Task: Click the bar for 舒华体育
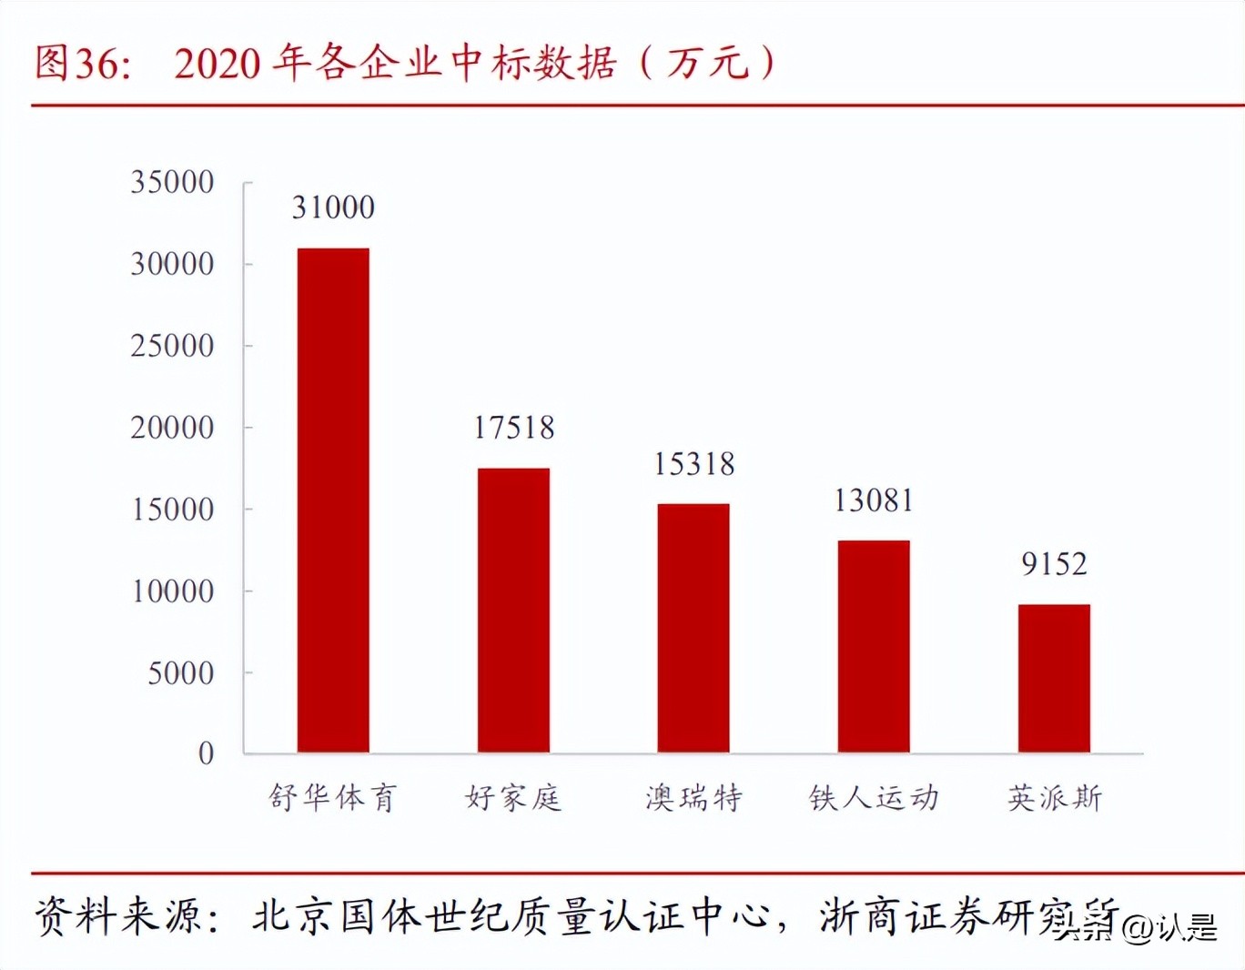[x=333, y=500]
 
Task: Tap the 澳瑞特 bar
[x=693, y=628]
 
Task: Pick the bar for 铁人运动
[x=874, y=646]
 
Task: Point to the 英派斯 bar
[x=1054, y=678]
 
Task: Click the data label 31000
[x=333, y=207]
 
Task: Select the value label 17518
[x=513, y=428]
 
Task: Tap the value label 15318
[x=693, y=464]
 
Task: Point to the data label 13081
[x=874, y=500]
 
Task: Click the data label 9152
[x=1054, y=564]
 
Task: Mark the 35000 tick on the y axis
[x=172, y=182]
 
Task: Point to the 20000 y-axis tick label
[x=172, y=428]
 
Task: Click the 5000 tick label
[x=181, y=673]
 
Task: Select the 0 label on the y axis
[x=207, y=753]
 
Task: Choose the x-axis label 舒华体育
[x=332, y=798]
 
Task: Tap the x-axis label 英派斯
[x=1055, y=798]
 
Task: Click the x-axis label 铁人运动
[x=874, y=798]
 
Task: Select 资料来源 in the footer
[x=118, y=915]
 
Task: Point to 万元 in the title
[x=707, y=63]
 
